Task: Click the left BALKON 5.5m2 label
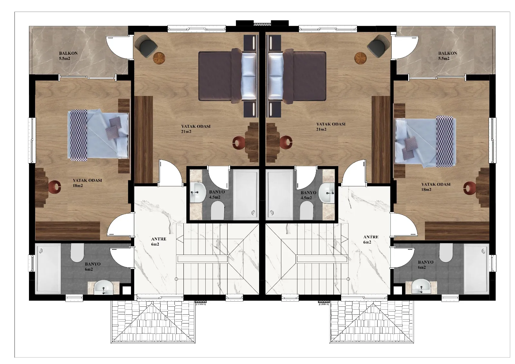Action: (x=68, y=56)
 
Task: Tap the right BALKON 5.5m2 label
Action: (x=447, y=56)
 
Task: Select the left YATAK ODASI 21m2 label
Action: (x=196, y=129)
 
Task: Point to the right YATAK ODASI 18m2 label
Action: (x=435, y=187)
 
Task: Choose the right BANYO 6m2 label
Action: (x=425, y=265)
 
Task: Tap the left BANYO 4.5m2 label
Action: (x=215, y=195)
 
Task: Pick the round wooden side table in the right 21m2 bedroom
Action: (x=360, y=58)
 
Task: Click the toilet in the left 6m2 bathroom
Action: (x=77, y=253)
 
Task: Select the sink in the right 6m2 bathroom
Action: (x=421, y=286)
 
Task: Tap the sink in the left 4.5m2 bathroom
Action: (x=197, y=192)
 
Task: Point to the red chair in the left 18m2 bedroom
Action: (x=55, y=186)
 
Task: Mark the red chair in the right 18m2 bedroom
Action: (x=470, y=187)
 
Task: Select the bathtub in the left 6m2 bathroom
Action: (x=49, y=269)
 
